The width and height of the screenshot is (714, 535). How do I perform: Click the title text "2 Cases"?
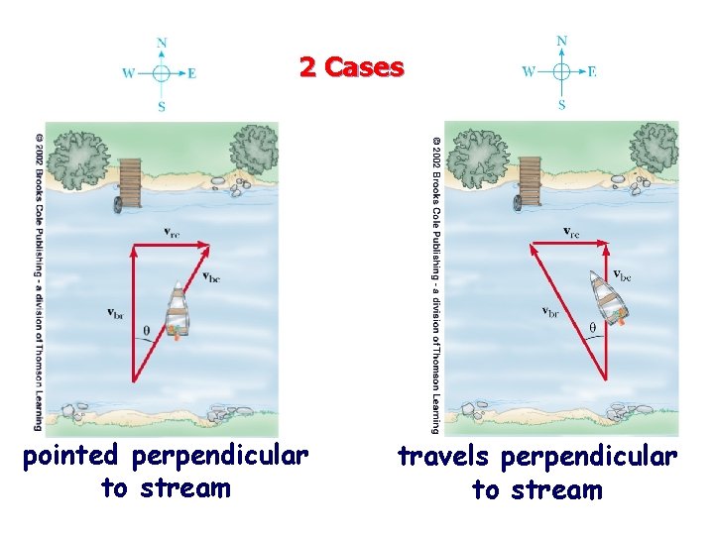point(352,67)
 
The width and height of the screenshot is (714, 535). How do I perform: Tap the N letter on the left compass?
point(162,43)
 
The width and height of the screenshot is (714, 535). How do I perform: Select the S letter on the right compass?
point(561,104)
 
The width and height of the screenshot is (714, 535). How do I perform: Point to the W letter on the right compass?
point(529,71)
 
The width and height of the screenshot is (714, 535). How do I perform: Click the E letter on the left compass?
point(191,72)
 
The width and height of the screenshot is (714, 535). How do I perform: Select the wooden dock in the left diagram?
point(129,178)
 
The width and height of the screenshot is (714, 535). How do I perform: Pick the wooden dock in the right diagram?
point(530,178)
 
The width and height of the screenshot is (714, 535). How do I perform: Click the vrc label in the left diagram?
point(173,234)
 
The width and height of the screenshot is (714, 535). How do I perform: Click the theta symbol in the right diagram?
point(593,327)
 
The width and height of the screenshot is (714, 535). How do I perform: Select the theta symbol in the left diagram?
point(148,332)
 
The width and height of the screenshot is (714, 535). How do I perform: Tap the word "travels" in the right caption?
point(445,457)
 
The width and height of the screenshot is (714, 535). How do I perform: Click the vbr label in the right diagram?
point(551,311)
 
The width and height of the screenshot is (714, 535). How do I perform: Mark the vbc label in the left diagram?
point(210,277)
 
